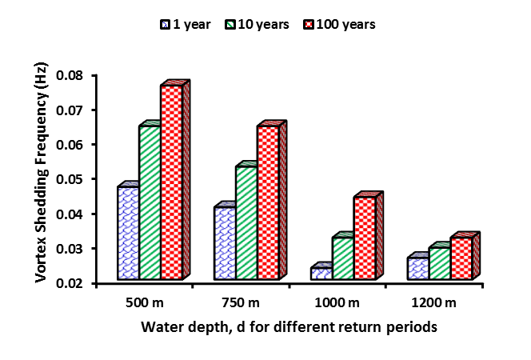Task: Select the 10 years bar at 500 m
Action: [150, 203]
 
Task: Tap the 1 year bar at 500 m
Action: [128, 233]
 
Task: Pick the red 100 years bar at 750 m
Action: [268, 203]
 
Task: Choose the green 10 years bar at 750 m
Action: [246, 223]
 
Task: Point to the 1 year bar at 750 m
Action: [225, 243]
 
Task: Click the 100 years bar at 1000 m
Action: [365, 238]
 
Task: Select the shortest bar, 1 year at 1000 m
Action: [321, 274]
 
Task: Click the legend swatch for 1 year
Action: [165, 25]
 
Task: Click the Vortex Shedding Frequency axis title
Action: [39, 174]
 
